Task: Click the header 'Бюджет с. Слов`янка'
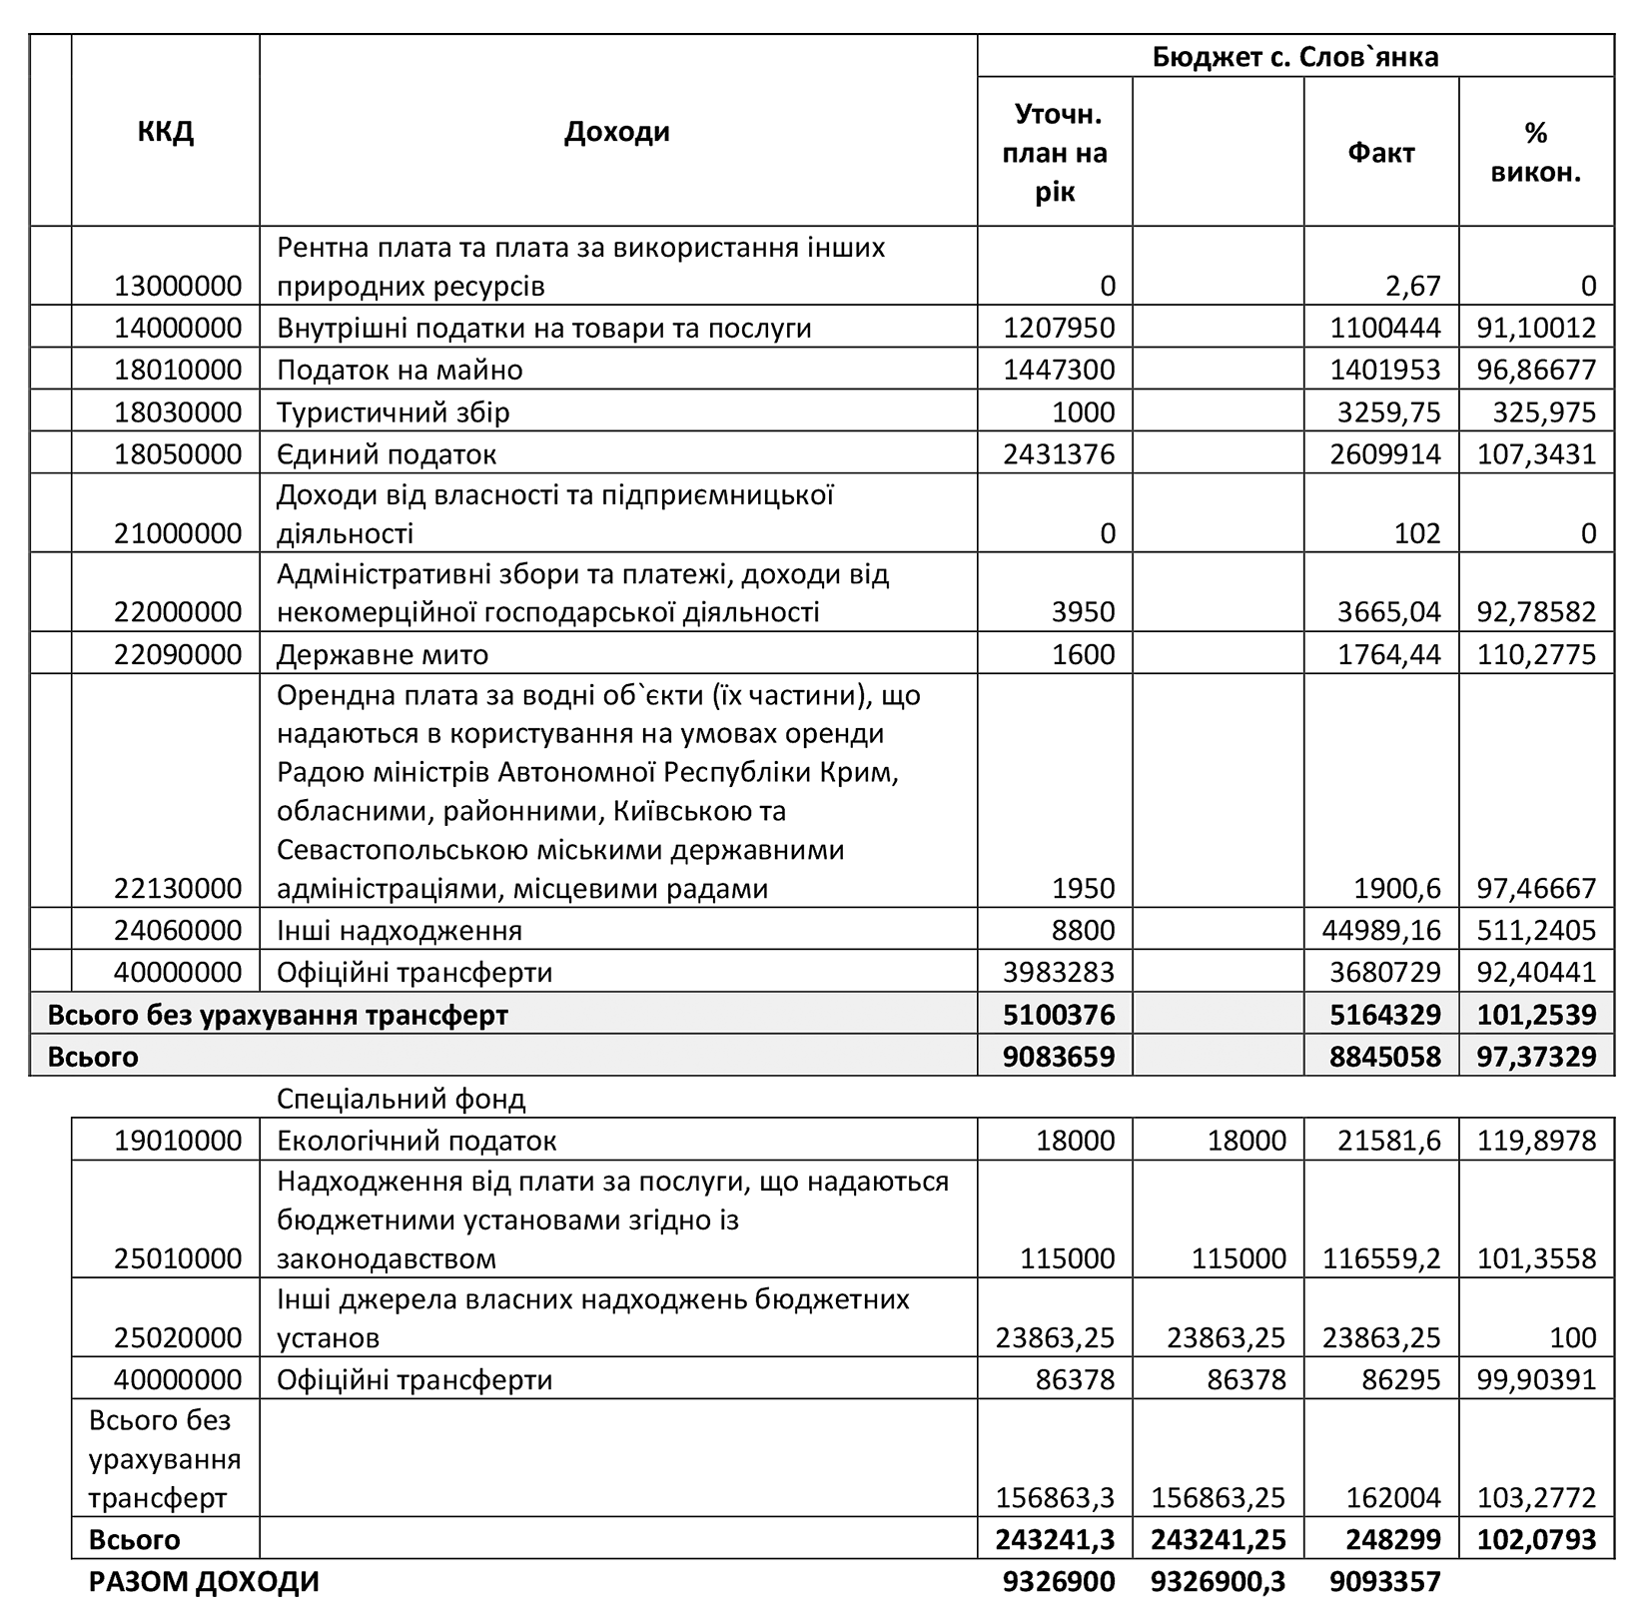tap(1294, 57)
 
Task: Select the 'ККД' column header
tap(165, 132)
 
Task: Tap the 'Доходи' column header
tap(616, 132)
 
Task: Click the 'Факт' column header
tap(1380, 153)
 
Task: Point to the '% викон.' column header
tap(1535, 153)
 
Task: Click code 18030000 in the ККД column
tap(178, 412)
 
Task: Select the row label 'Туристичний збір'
tap(393, 412)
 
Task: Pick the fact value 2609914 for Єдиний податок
tap(1385, 454)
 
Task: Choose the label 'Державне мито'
tap(383, 655)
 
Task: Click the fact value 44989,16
tap(1375, 931)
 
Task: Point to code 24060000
tap(178, 931)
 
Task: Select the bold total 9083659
tap(1059, 1057)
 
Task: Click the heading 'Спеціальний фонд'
tap(401, 1100)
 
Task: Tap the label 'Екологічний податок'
tap(416, 1141)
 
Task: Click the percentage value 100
tap(1574, 1337)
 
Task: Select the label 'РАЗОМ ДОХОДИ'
tap(204, 1582)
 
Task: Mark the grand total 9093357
tap(1385, 1582)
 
